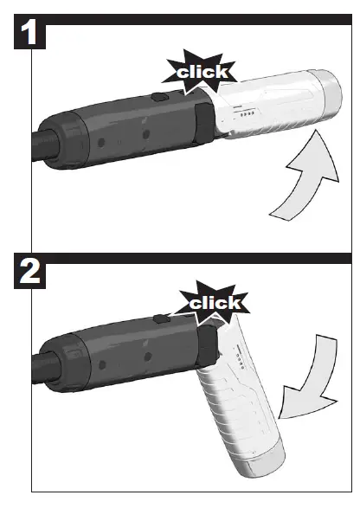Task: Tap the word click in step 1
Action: [x=202, y=73]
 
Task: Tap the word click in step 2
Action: [x=213, y=303]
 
